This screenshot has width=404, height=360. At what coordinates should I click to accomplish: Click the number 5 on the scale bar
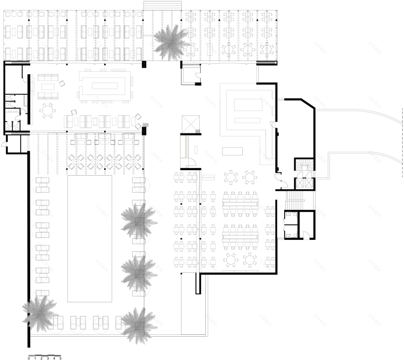point(60,358)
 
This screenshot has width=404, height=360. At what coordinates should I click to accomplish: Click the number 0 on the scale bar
point(29,358)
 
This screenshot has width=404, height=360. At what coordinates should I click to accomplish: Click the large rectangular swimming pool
point(90,238)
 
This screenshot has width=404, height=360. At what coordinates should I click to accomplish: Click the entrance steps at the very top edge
point(163,5)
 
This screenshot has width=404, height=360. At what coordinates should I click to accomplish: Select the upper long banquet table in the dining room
point(241,201)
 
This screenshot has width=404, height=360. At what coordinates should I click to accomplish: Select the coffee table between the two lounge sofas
point(47,85)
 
